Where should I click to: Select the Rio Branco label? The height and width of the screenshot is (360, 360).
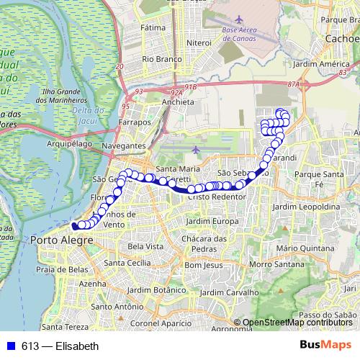click(x=159, y=59)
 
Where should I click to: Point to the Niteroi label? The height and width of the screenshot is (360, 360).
click(x=198, y=43)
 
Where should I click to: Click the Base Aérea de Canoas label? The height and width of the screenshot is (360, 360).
click(x=249, y=33)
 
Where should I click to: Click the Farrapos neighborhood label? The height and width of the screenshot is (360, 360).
click(x=135, y=122)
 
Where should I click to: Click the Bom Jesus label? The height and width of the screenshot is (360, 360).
click(x=203, y=265)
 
